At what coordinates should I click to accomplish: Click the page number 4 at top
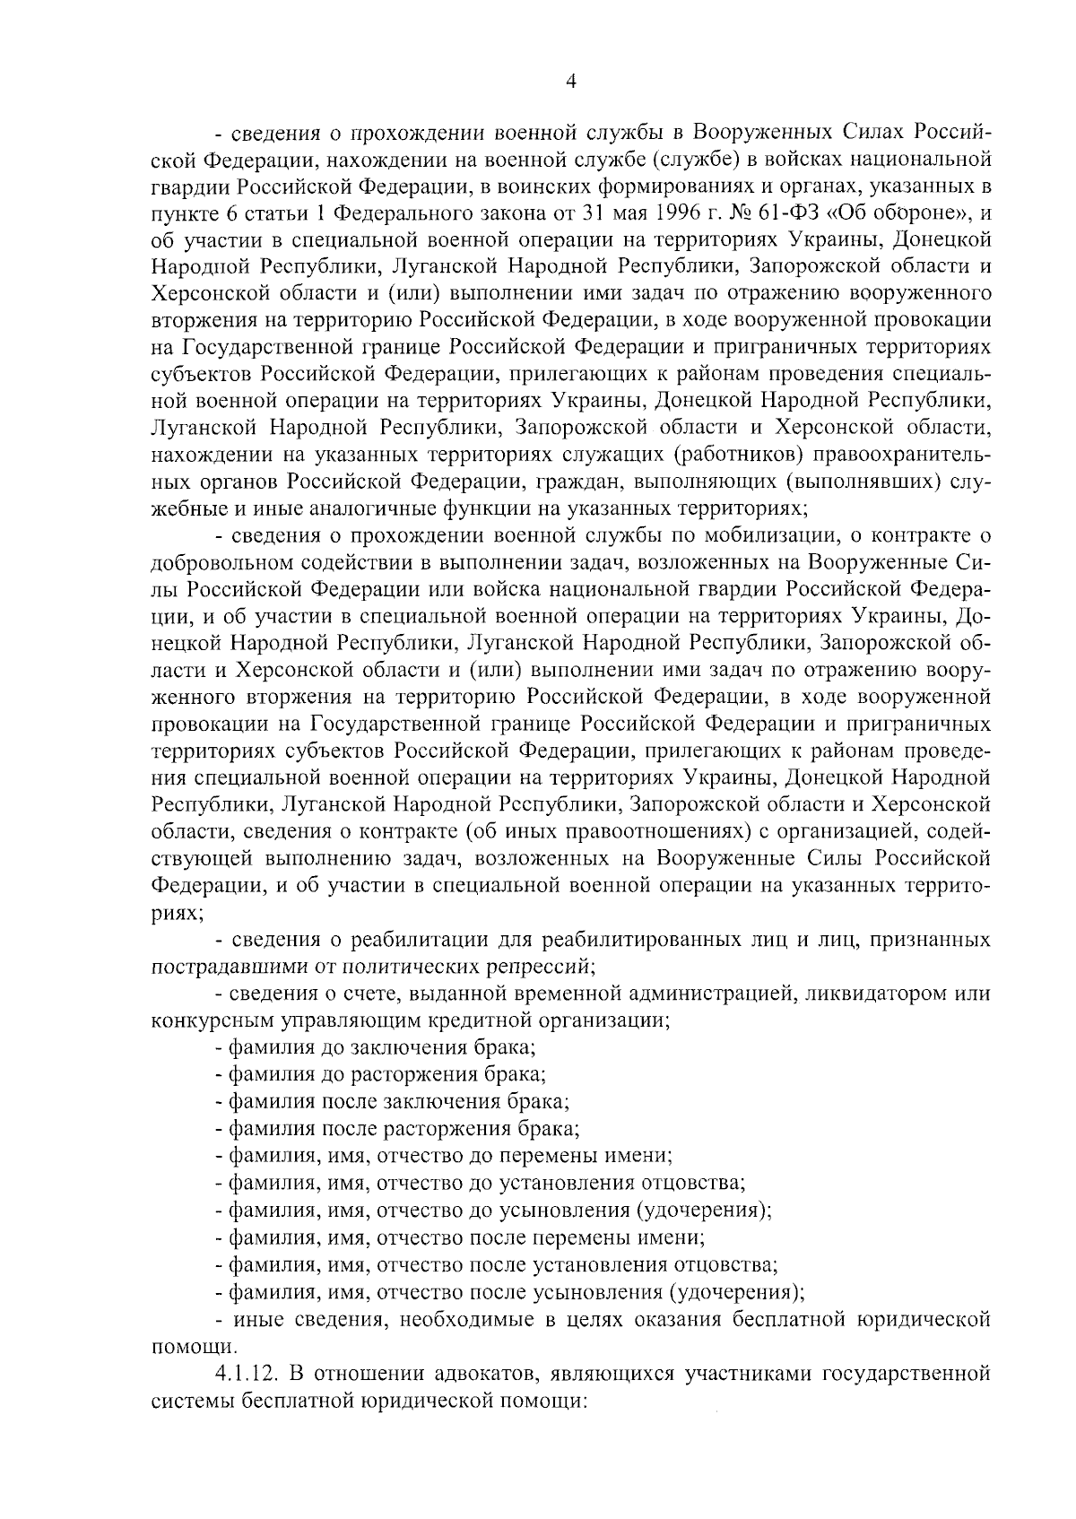click(571, 82)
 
